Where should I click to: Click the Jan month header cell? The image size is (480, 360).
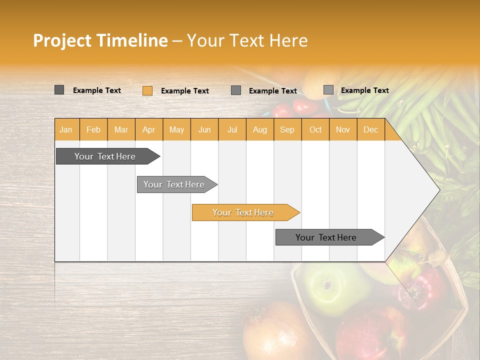[x=66, y=129]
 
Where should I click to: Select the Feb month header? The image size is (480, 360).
[x=93, y=129]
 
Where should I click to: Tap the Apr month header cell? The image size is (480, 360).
[x=149, y=129]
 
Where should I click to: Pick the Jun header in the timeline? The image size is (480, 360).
[x=204, y=129]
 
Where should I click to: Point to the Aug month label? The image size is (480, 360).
[x=260, y=129]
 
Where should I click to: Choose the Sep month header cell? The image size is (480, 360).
[x=287, y=129]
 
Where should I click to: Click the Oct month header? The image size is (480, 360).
[x=315, y=129]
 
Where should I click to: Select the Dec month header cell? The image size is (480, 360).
[x=371, y=129]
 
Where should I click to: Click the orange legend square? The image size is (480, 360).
[x=147, y=90]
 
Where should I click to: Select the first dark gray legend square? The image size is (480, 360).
[x=59, y=90]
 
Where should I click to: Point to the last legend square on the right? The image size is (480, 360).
[x=328, y=90]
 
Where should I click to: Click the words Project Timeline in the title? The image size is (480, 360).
[x=100, y=40]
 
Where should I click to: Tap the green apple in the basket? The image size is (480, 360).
[x=327, y=287]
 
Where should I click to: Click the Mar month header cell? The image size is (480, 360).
[x=121, y=129]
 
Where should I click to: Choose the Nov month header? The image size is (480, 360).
[x=343, y=129]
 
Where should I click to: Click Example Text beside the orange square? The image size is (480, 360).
[x=185, y=91]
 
